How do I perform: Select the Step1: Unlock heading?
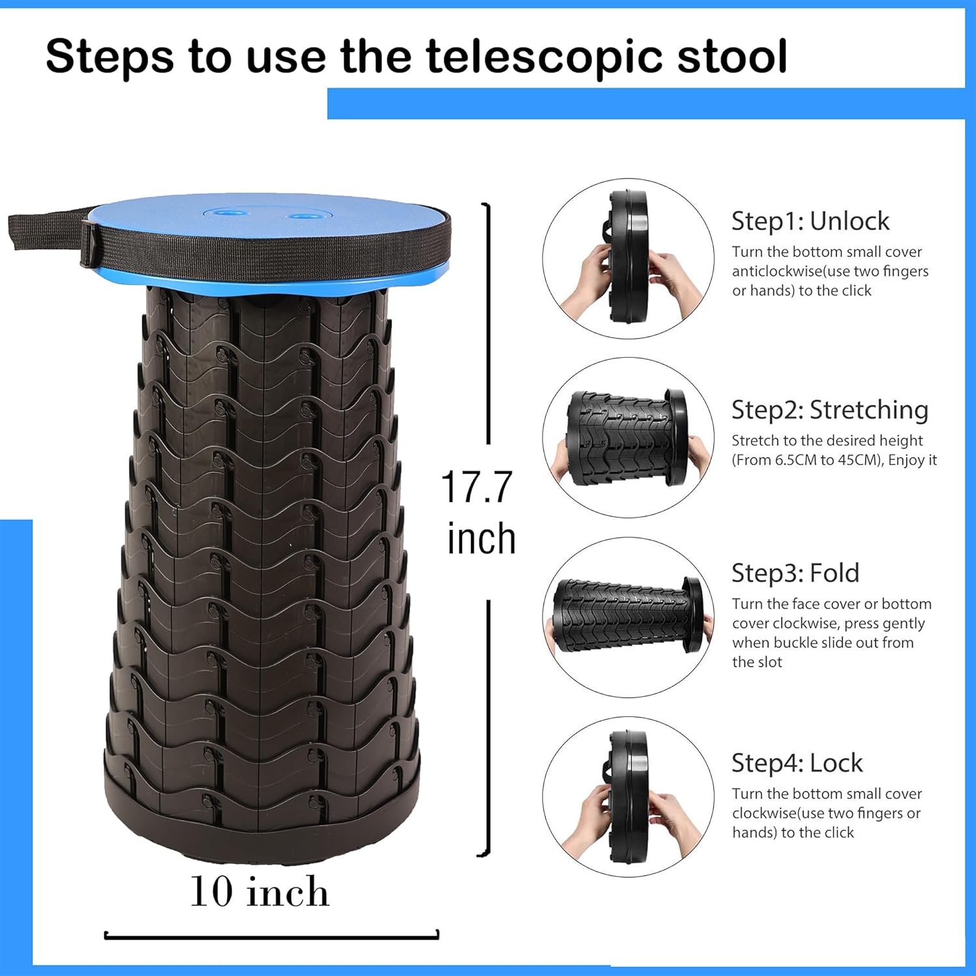pos(810,221)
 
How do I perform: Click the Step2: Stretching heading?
pos(830,410)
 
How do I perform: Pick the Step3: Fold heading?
pos(795,573)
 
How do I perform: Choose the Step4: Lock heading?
pos(797,763)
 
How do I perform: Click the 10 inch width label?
pos(259,891)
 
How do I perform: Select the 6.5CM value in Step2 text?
pos(795,460)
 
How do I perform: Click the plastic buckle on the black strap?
pos(90,242)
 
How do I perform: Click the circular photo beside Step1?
pos(629,259)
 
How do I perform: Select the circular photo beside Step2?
pos(629,438)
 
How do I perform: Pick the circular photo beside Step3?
pos(629,617)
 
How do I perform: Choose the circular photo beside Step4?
pos(629,797)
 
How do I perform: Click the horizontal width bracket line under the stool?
pos(271,937)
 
